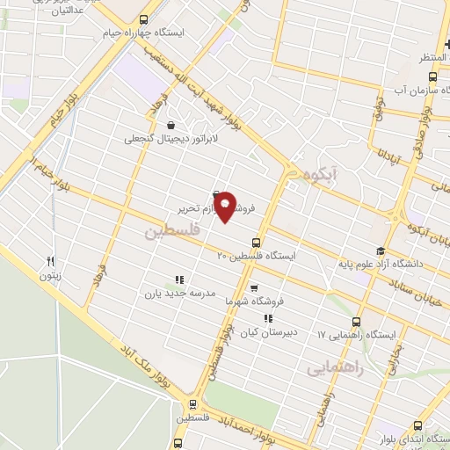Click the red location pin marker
click(x=226, y=206)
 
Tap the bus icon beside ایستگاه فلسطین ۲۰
click(x=256, y=242)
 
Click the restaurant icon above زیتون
click(x=50, y=261)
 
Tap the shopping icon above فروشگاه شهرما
click(x=254, y=287)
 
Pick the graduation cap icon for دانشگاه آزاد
click(x=381, y=250)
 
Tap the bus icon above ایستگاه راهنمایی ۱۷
click(x=356, y=322)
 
